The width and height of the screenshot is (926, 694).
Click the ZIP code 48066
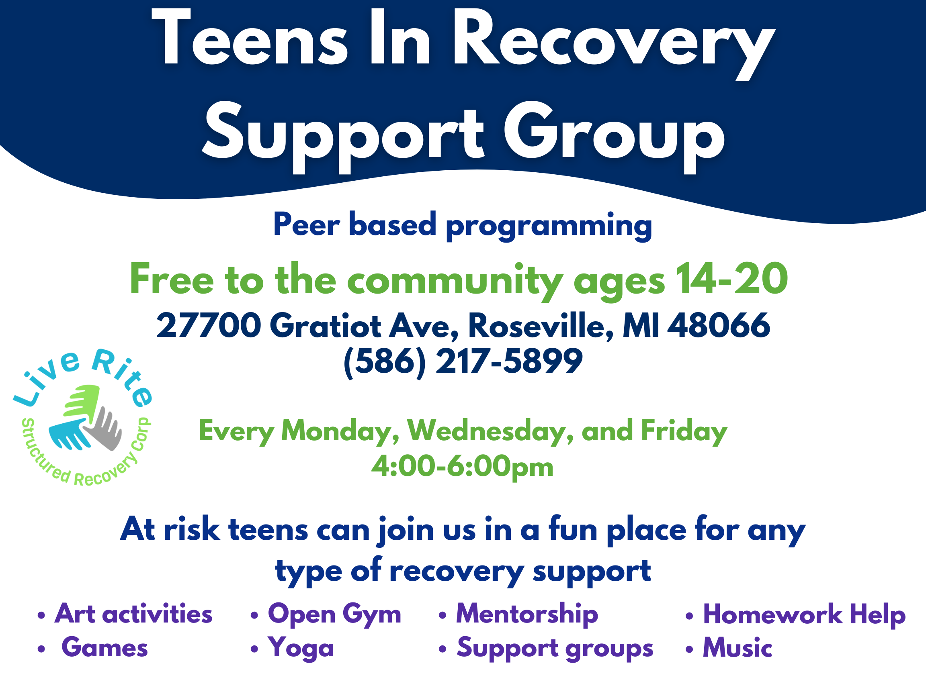pyautogui.click(x=719, y=325)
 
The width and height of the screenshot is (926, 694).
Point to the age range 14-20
pyautogui.click(x=732, y=279)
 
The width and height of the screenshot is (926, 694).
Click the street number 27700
pyautogui.click(x=209, y=325)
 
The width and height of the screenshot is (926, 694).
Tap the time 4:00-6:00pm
pyautogui.click(x=462, y=466)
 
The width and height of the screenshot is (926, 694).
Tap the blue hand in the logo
pyautogui.click(x=69, y=435)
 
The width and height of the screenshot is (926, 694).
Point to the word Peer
pyautogui.click(x=306, y=224)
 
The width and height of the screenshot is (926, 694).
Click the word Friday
pyautogui.click(x=684, y=431)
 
